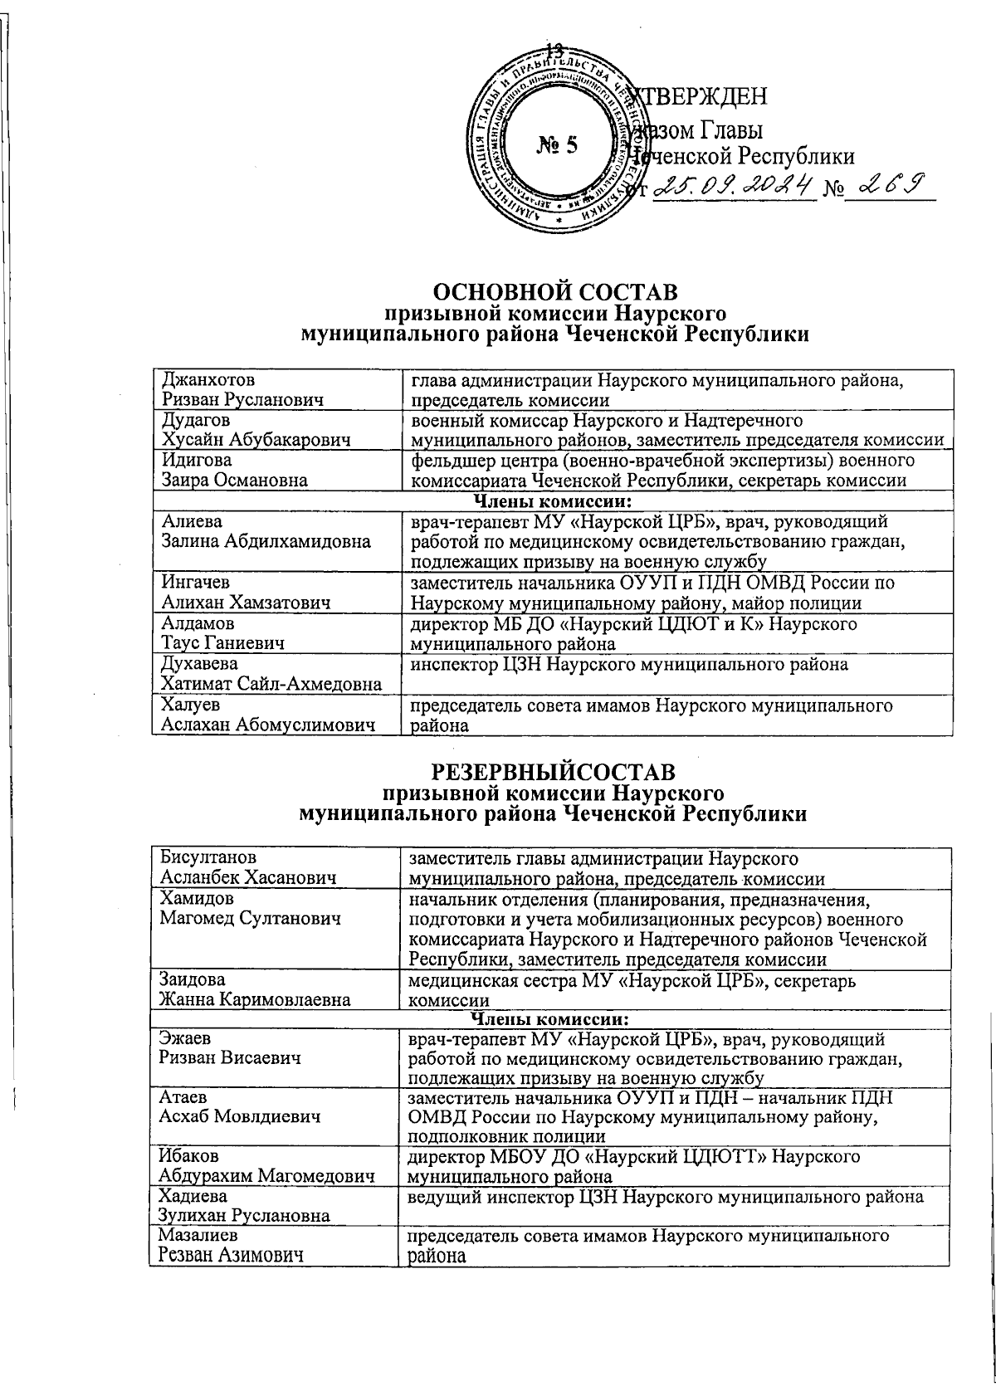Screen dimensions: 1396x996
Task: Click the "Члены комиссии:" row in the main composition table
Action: coord(552,501)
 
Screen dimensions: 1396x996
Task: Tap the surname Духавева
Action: coord(199,664)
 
